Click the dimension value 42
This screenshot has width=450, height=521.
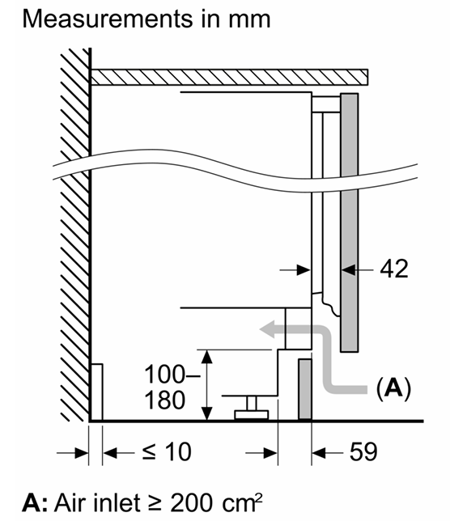coord(394,269)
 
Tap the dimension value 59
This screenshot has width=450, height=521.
coord(363,451)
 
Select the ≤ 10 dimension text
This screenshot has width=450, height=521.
coord(167,451)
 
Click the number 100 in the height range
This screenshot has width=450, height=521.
coord(164,375)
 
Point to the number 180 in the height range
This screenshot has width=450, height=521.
coord(165,400)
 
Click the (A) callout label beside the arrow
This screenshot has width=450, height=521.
coord(393,388)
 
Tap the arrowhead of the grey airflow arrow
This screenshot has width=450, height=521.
coord(267,329)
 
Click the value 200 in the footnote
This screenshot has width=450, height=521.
coord(192,503)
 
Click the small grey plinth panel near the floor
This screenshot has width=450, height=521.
coord(305,389)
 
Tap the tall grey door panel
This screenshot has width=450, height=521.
coord(349,222)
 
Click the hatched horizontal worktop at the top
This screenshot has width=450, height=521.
coord(229,77)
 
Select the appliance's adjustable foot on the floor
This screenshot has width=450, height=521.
coord(251,409)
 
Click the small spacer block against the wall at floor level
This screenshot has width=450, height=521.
coord(96,392)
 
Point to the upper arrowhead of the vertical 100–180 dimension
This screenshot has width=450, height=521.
coord(207,356)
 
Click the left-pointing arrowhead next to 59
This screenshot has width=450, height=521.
coord(318,452)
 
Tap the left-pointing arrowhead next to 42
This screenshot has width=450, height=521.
coord(349,270)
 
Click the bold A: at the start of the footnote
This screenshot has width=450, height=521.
coord(36,503)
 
